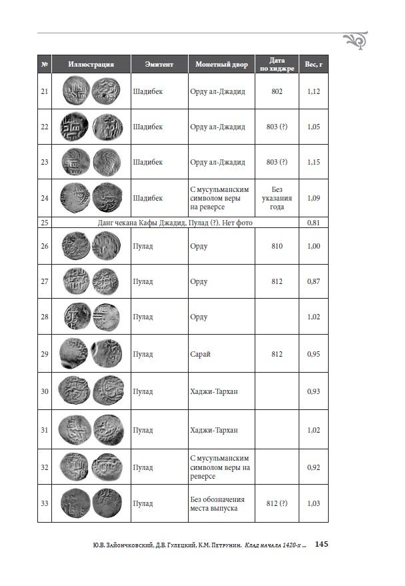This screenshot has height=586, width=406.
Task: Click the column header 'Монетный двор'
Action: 221,65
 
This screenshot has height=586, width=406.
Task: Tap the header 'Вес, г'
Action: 313,65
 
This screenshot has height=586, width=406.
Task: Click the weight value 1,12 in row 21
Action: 313,91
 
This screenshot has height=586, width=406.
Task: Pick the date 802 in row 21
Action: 277,91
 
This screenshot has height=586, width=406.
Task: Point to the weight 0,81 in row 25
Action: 313,223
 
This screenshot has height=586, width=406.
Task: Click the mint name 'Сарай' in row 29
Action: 200,354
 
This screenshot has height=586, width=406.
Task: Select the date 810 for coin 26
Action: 277,246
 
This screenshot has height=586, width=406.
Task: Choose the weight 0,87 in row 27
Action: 313,282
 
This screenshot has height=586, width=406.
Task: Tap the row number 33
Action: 45,503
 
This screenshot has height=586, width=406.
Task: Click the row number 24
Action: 45,198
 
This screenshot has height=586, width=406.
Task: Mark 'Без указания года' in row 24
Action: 277,198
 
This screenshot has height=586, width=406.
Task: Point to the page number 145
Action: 321,545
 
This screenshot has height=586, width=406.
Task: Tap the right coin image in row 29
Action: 107,353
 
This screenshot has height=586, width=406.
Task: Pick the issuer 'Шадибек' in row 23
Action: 147,162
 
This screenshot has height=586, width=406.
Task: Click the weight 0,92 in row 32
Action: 313,467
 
